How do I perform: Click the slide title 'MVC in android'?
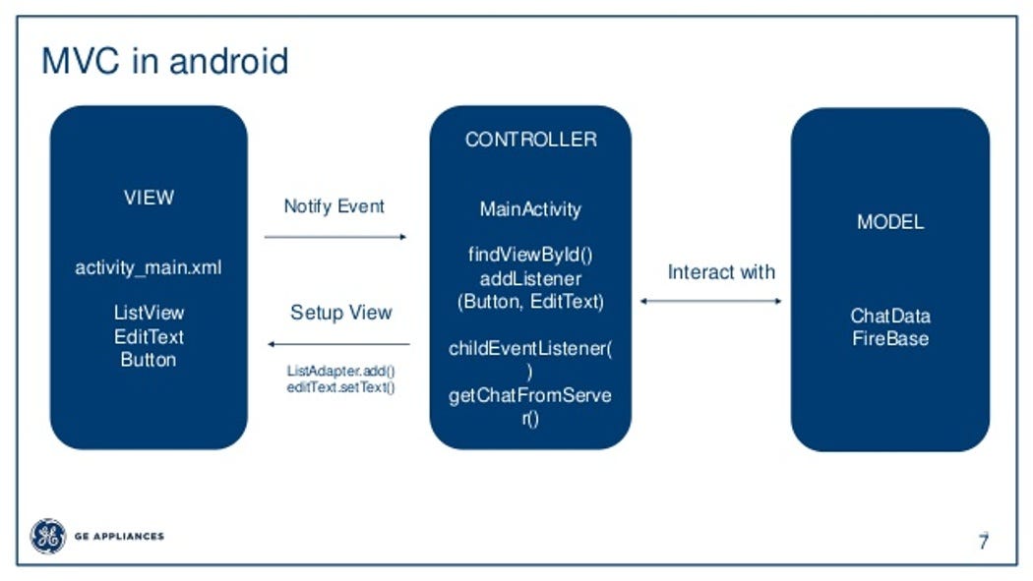164,61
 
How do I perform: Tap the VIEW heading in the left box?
149,198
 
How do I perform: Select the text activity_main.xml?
149,267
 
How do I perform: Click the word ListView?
149,313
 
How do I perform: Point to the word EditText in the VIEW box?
149,336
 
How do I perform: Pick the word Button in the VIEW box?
149,360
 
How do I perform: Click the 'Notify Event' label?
334,206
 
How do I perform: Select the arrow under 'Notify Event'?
335,237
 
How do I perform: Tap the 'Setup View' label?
340,313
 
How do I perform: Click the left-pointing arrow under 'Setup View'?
339,344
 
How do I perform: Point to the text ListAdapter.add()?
340,372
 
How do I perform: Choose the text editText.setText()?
340,387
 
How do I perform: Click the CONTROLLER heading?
530,140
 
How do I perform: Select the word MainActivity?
530,209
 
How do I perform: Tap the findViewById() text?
530,255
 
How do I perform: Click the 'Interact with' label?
721,272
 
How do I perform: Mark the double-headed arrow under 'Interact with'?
710,301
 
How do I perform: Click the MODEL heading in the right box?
890,222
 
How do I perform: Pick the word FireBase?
890,339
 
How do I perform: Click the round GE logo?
47,537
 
